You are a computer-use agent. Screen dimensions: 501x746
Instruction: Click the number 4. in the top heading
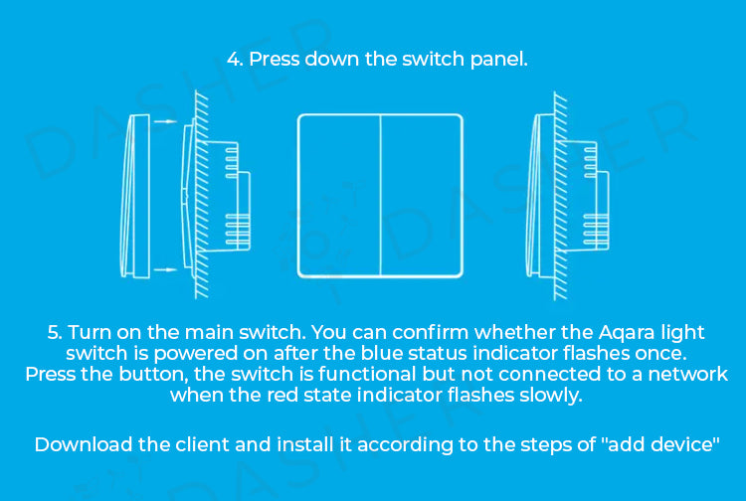[236, 59]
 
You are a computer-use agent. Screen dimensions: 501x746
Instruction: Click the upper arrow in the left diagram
[168, 123]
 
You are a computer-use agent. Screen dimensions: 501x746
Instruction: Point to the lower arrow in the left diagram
[168, 268]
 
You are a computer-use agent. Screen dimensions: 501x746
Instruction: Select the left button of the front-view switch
[339, 195]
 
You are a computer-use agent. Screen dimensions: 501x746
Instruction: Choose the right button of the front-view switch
[422, 195]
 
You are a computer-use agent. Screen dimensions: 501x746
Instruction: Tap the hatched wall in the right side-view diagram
[561, 195]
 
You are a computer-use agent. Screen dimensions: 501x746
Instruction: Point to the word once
[657, 353]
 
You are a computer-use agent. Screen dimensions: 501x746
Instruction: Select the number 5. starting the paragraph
[56, 332]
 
